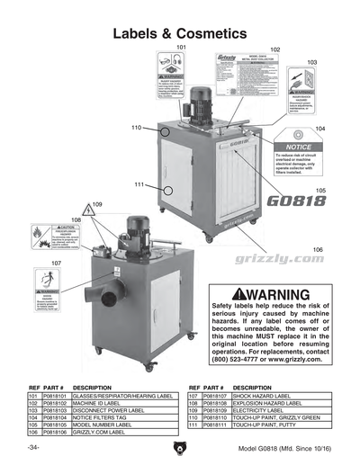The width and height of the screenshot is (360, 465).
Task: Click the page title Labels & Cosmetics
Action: point(180,34)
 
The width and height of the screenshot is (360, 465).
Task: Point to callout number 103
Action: point(311,62)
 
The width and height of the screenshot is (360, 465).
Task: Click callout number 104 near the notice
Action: point(320,129)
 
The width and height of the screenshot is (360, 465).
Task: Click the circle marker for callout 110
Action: point(166,131)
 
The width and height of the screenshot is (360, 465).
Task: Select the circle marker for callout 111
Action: point(168,190)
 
